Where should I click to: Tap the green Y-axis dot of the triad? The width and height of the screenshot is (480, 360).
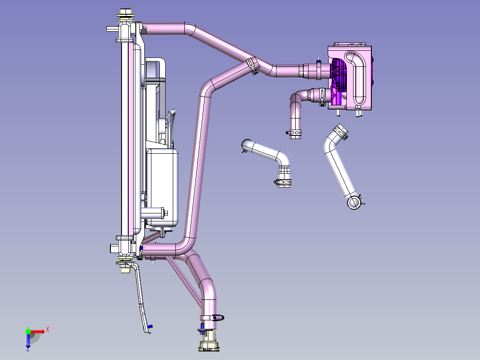[28, 331]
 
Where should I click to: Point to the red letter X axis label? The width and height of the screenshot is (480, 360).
[48, 330]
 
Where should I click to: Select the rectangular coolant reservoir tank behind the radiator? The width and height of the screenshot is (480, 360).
[162, 188]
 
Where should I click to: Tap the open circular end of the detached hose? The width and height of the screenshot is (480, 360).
[354, 203]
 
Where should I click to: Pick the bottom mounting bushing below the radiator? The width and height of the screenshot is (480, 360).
[125, 267]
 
